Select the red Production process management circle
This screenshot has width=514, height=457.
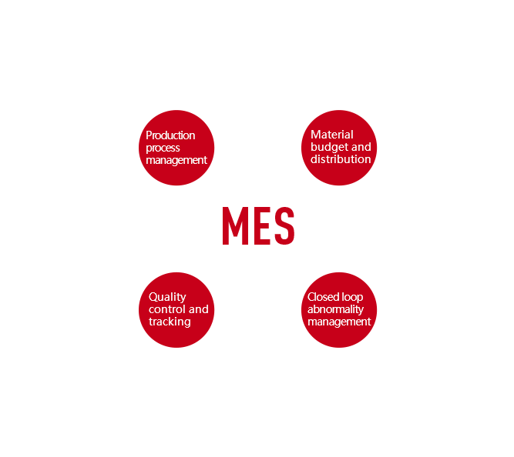point(176,148)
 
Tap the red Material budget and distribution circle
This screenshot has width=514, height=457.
point(340,148)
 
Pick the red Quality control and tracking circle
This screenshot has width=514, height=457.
point(176,309)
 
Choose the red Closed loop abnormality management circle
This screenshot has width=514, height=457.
point(339,309)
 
